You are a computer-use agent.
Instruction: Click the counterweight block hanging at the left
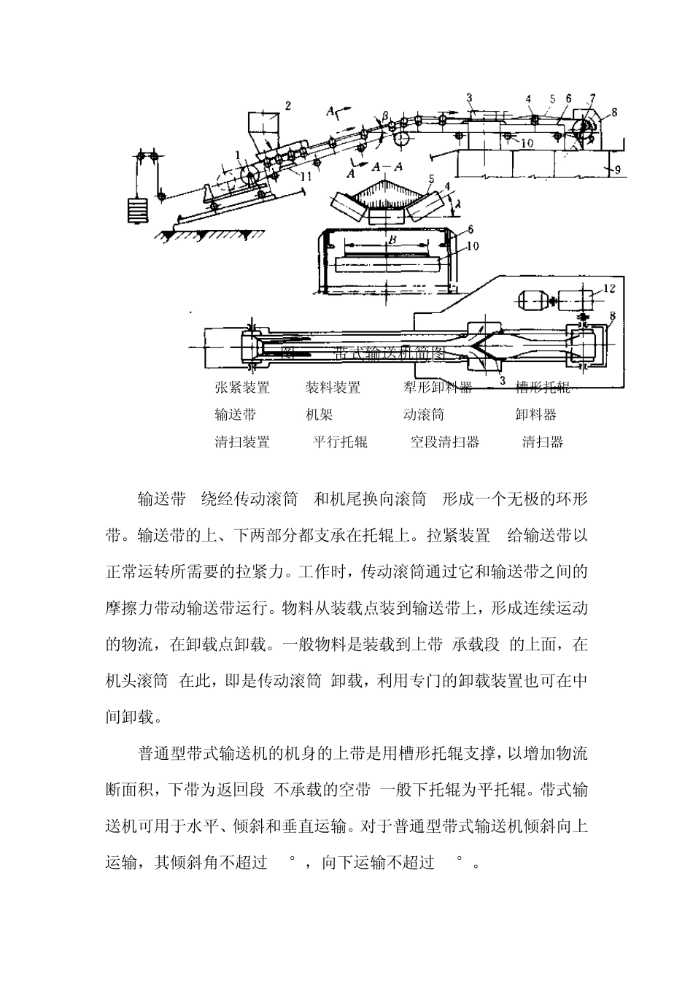136,211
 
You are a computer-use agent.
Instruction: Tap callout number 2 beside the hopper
287,106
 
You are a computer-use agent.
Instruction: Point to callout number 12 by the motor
610,289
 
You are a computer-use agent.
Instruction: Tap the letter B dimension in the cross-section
391,239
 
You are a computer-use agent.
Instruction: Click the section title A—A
387,166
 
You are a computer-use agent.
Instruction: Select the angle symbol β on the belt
385,115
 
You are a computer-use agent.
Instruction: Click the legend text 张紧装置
242,388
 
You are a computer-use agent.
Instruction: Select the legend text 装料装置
333,388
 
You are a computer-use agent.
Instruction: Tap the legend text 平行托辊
340,442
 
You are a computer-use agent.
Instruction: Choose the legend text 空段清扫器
444,442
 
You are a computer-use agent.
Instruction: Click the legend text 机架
319,415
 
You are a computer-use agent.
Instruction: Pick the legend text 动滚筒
424,415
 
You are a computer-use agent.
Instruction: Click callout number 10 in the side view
526,143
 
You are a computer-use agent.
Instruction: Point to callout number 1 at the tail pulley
239,154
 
